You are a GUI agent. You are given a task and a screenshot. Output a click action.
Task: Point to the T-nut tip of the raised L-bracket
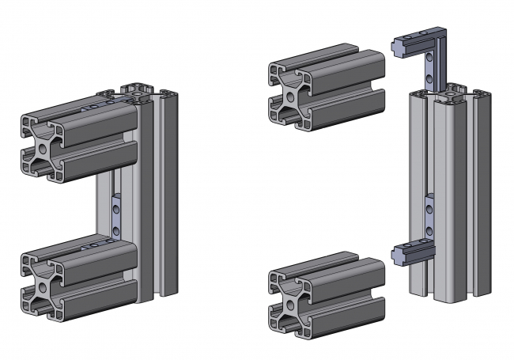point(399,48)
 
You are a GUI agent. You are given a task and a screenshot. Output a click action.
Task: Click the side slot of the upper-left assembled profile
point(95,146)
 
